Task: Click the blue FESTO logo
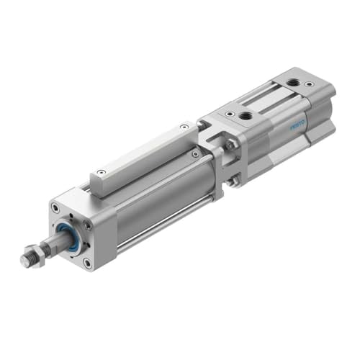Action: point(298,127)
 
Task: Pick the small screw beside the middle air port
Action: point(229,113)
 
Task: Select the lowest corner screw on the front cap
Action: point(87,263)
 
